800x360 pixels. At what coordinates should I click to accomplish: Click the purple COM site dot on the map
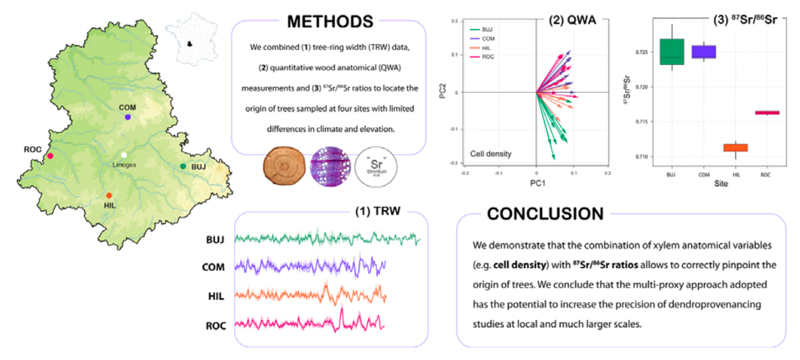point(128,116)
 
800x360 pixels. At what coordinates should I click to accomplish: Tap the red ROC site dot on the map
point(50,156)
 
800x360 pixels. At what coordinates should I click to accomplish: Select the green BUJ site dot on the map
point(183,167)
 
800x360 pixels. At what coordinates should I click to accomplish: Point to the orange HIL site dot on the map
point(109,195)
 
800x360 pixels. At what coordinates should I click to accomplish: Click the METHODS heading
point(330,21)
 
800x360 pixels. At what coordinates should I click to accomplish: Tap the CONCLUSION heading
point(545,214)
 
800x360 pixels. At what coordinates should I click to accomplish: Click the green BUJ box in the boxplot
point(672,52)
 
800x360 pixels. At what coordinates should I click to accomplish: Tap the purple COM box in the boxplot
point(703,52)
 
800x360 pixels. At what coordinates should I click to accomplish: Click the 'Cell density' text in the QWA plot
point(490,154)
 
